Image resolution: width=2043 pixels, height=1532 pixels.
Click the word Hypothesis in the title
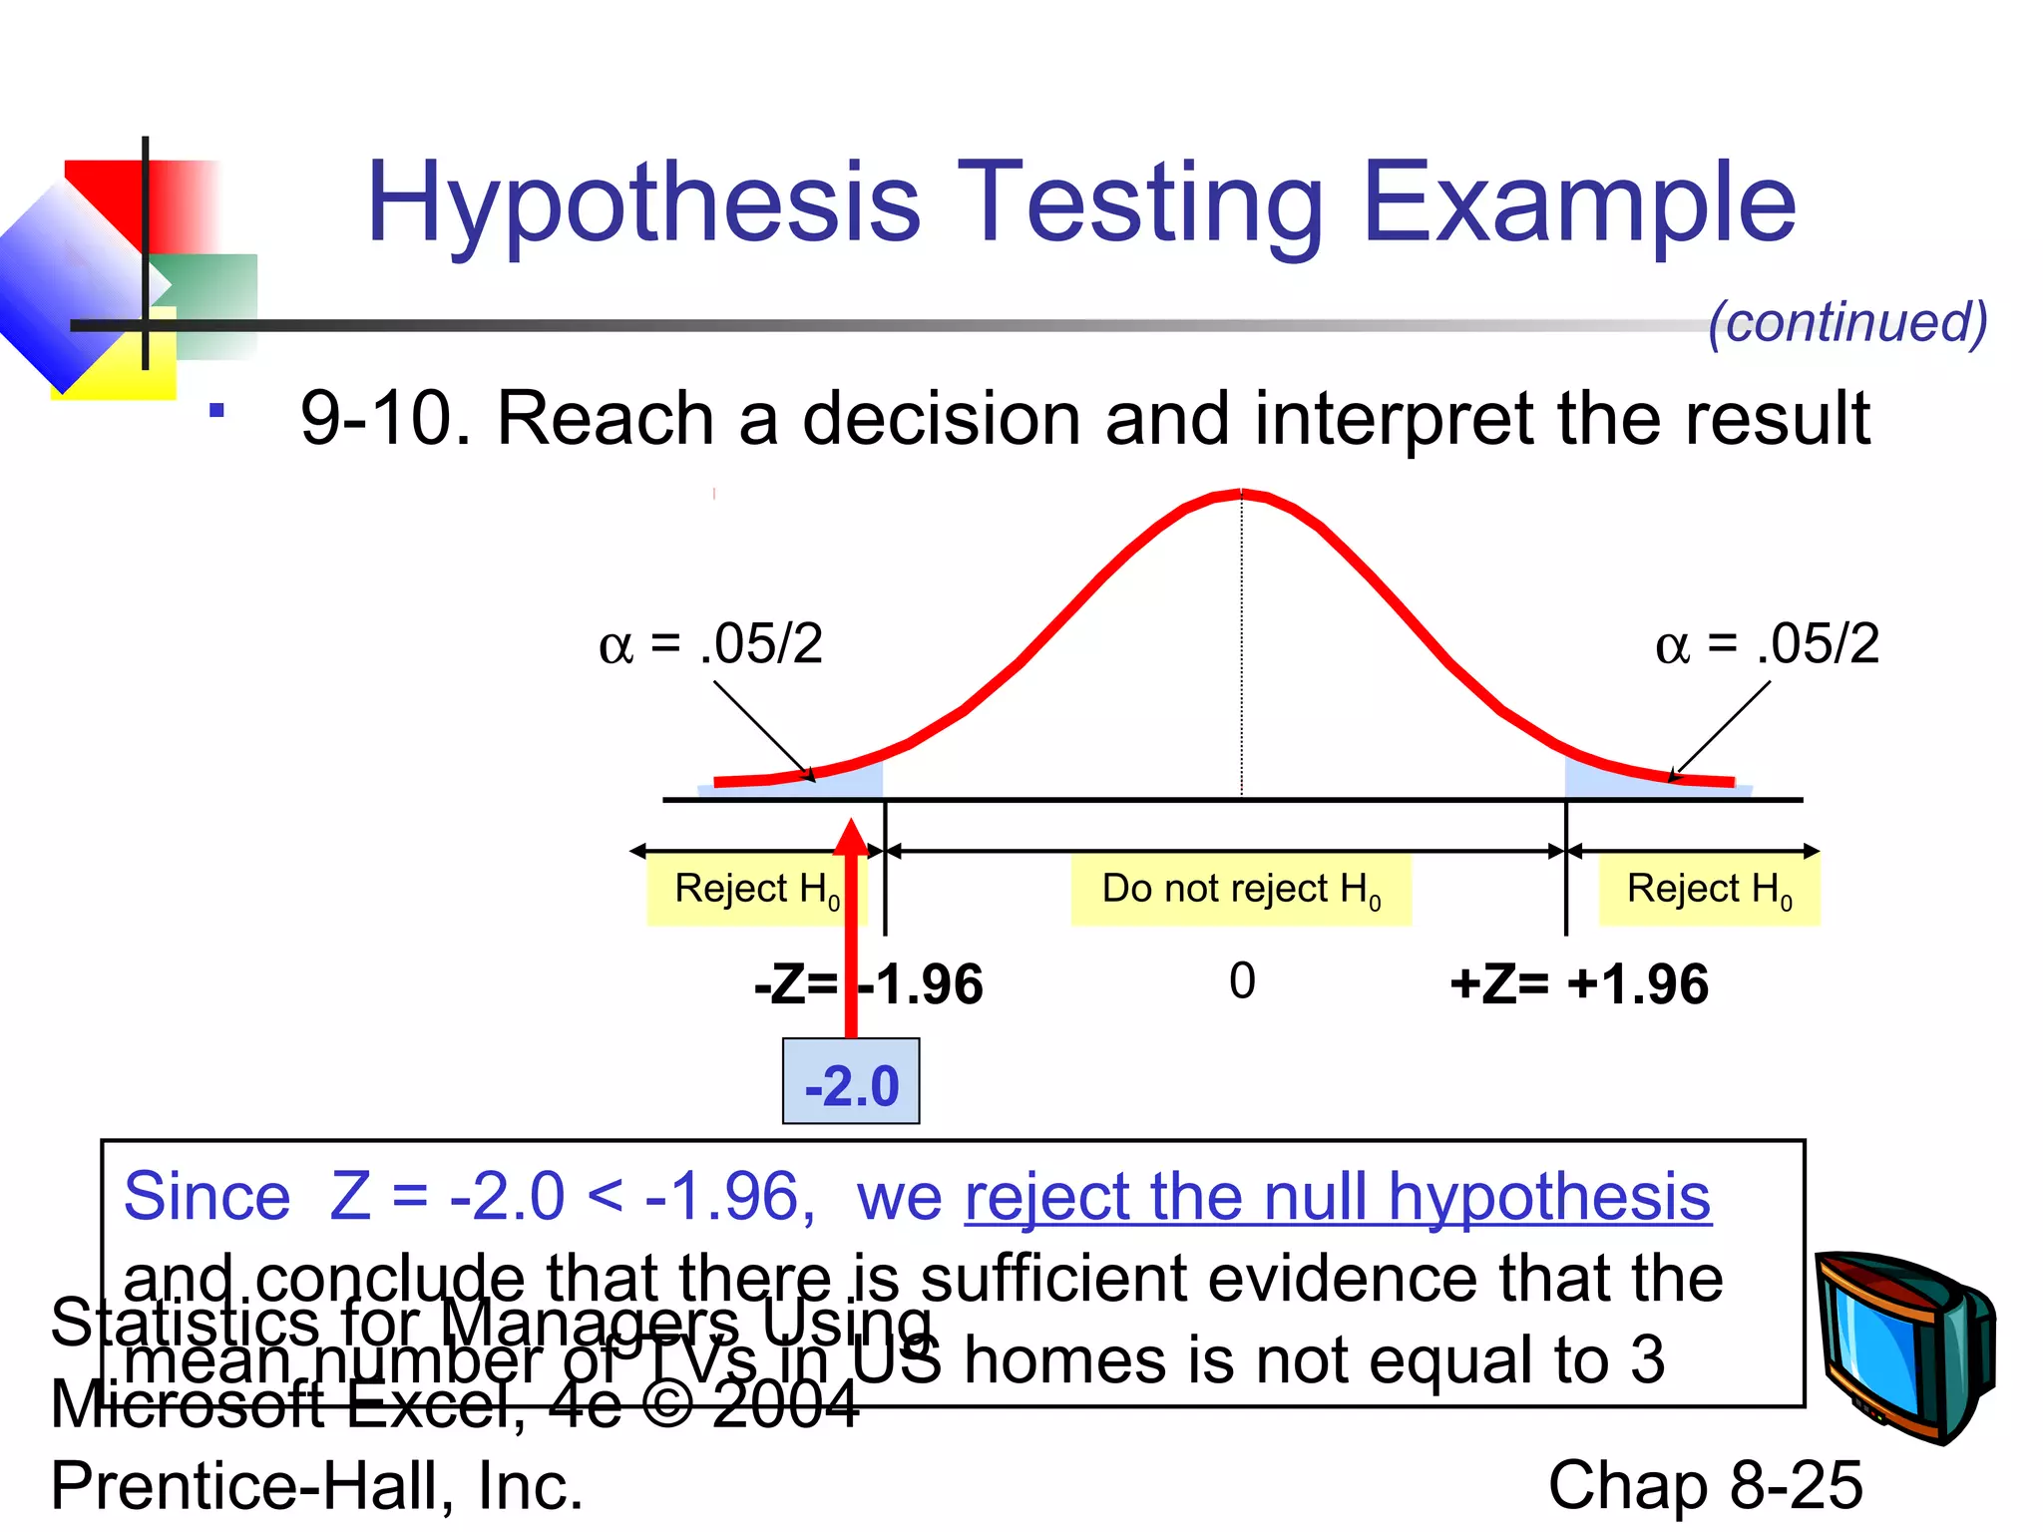tap(643, 204)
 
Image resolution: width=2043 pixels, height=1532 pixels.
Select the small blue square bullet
tap(216, 410)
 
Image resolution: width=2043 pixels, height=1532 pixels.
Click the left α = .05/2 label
tap(710, 643)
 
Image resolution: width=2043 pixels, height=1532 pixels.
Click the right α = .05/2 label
tap(1767, 643)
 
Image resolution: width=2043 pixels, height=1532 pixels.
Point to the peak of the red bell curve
tap(1240, 492)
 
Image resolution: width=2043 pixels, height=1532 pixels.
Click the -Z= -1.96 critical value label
tap(868, 984)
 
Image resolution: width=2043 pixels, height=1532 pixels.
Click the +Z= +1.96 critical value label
tap(1578, 984)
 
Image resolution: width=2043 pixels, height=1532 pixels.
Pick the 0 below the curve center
tap(1242, 980)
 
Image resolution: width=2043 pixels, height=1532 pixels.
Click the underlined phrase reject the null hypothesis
tap(1337, 1197)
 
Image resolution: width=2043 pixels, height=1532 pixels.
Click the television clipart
tap(1903, 1346)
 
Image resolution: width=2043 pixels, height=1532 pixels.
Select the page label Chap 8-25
tap(1704, 1485)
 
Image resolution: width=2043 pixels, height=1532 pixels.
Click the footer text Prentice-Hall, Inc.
tap(316, 1485)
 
